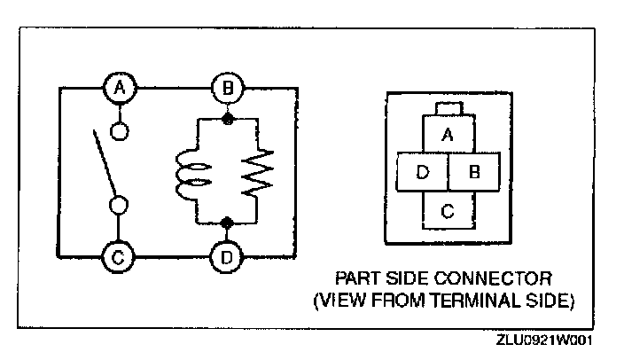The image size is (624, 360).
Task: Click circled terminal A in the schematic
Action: point(120,88)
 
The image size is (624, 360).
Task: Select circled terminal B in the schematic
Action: point(227,88)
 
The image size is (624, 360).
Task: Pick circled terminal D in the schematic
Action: point(227,258)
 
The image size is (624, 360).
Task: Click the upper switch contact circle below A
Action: point(120,131)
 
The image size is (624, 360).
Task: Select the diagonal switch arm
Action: point(105,164)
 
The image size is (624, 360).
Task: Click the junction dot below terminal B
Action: point(227,118)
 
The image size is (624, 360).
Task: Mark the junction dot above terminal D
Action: point(227,222)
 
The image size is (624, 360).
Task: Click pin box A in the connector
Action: point(448,135)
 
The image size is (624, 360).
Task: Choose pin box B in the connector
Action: point(474,172)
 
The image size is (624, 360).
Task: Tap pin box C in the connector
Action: point(448,210)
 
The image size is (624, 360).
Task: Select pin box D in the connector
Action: point(422,172)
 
